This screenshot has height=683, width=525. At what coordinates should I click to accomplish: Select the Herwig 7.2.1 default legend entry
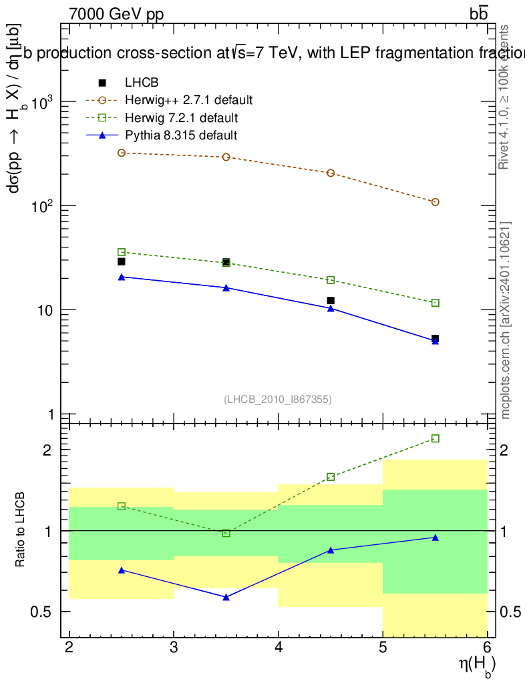181,118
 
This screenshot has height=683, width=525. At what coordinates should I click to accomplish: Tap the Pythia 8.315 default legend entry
180,135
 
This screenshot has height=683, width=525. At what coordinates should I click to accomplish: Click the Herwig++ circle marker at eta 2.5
122,153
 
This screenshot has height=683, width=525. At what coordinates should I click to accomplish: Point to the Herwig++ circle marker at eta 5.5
435,202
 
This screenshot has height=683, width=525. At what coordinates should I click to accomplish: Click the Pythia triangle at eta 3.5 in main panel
226,288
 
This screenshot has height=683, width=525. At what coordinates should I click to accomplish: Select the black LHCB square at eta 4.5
331,301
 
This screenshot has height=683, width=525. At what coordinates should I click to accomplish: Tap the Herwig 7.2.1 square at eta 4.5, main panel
331,280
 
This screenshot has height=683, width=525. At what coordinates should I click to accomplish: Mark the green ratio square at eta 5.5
435,438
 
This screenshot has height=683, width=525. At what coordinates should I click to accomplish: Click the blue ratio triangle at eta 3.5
226,597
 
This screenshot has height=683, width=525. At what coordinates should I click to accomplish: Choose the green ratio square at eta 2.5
122,506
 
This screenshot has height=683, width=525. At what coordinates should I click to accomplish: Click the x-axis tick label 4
279,647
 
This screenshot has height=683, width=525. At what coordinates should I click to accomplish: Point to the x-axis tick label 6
487,647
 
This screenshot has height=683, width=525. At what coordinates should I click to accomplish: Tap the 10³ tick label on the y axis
41,103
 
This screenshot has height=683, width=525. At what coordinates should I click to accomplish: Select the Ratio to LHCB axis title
21,531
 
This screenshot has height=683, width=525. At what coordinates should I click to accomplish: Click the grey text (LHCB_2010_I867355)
278,399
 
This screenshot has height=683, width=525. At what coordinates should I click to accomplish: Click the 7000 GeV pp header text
116,13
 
